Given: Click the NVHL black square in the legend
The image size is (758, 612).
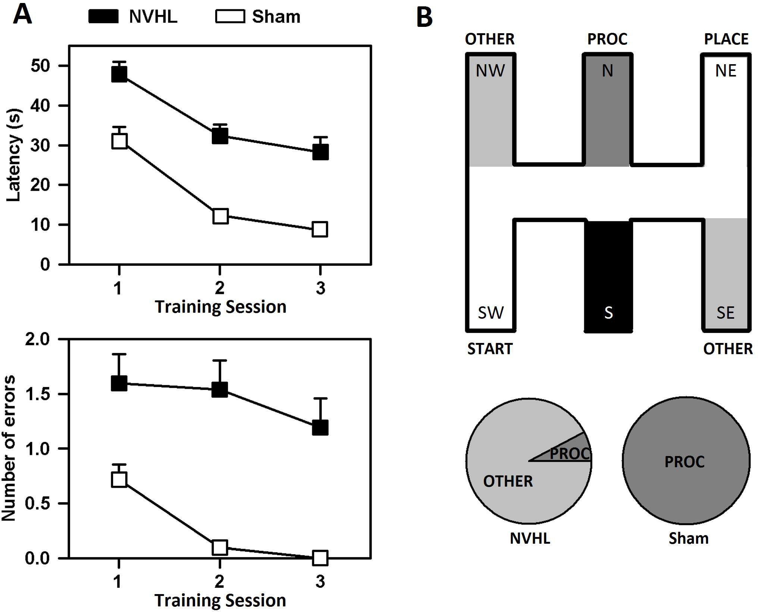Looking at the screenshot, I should [103, 16].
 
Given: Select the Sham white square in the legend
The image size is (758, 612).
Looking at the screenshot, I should [230, 16].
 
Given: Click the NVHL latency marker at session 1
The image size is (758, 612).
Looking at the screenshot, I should [119, 74].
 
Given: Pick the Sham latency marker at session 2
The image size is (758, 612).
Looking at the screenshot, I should [220, 216].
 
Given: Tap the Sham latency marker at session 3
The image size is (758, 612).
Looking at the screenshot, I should [320, 229].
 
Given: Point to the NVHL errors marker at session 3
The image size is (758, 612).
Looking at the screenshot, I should [320, 428].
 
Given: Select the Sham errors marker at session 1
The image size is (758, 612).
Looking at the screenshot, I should [119, 480].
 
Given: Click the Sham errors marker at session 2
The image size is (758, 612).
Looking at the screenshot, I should [220, 547].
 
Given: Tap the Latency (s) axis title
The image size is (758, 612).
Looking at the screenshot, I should [13, 155].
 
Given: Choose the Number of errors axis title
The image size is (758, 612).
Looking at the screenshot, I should [9, 448].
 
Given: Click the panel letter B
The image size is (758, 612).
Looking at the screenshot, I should [425, 17].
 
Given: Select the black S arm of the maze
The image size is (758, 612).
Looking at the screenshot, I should [608, 276].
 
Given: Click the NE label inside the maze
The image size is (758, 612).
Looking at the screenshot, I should [726, 71].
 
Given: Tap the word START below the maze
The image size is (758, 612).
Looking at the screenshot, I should [490, 349].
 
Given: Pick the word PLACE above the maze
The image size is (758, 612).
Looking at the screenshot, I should [726, 39].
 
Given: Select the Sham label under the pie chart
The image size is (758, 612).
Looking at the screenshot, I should [688, 538].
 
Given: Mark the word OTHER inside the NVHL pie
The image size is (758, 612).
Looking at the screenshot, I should [508, 481].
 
